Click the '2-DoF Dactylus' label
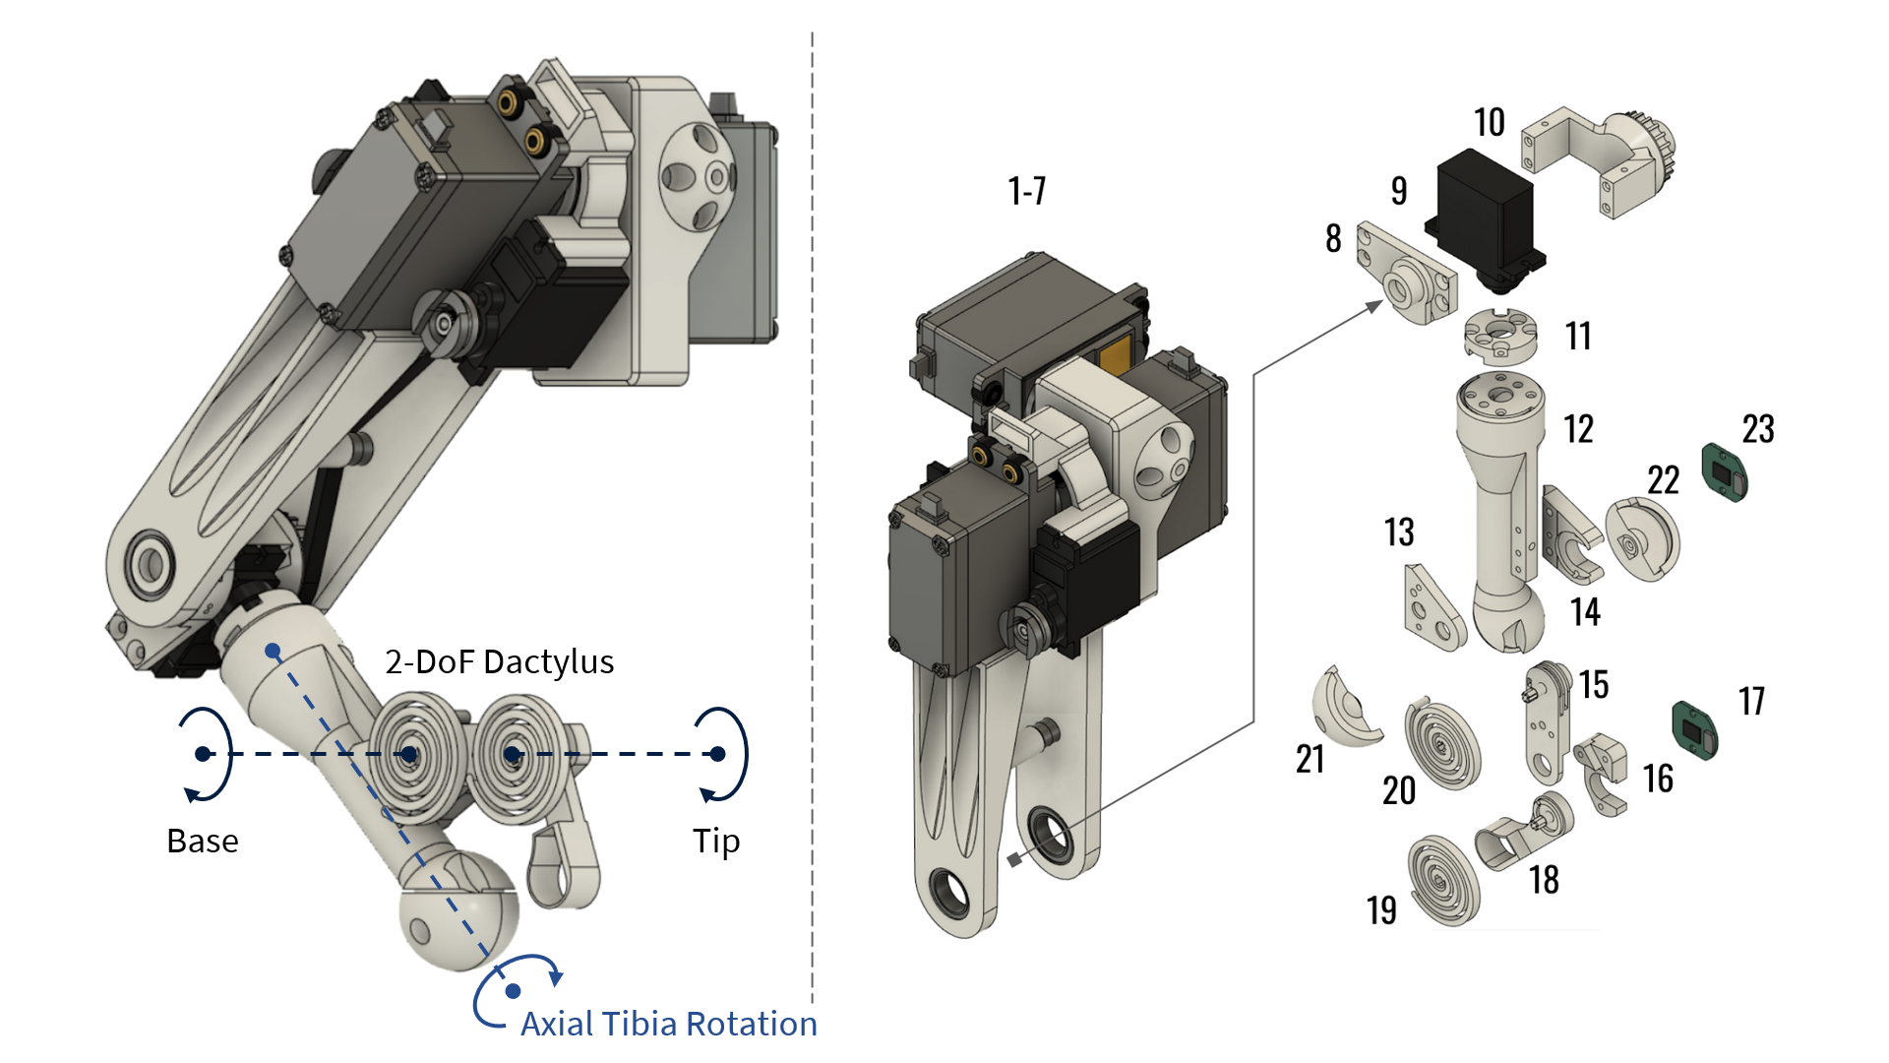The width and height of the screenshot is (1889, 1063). [x=499, y=662]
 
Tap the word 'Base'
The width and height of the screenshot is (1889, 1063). [x=203, y=842]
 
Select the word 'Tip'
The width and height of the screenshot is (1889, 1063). [x=715, y=842]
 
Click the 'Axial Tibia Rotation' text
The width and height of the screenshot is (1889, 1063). [x=668, y=1025]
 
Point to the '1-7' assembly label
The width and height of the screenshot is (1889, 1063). [x=1026, y=191]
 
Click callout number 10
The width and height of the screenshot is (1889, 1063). [x=1489, y=123]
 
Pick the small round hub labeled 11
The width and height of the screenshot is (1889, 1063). [x=1499, y=336]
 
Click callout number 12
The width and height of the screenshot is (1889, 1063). [x=1578, y=429]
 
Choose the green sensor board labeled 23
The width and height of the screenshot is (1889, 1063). [x=1725, y=471]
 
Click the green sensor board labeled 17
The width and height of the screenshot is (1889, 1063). [x=1695, y=730]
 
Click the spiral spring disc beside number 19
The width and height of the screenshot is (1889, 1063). [x=1443, y=880]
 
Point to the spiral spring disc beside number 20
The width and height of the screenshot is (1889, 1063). [x=1441, y=744]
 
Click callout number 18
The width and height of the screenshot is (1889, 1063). [x=1544, y=880]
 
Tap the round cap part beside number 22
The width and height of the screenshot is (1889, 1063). [x=1642, y=540]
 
